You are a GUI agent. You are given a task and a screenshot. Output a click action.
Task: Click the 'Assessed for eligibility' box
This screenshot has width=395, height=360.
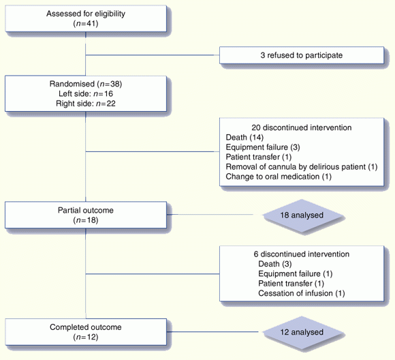click(x=86, y=18)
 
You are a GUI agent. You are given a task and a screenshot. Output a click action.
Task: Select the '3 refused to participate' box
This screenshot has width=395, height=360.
click(x=302, y=55)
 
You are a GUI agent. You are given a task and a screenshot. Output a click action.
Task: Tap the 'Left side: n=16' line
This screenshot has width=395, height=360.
click(x=86, y=93)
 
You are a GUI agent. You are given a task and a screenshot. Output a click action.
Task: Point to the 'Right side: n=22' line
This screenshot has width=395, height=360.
click(x=86, y=104)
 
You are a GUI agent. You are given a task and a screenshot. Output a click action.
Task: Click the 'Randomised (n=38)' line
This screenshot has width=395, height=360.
click(x=86, y=84)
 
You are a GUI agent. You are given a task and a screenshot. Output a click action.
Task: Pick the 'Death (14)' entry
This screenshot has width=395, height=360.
click(x=244, y=137)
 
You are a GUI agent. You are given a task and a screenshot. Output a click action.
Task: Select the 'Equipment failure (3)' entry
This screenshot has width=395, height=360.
click(x=263, y=147)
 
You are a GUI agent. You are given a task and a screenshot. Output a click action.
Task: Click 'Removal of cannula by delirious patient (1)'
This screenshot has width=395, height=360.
click(x=302, y=167)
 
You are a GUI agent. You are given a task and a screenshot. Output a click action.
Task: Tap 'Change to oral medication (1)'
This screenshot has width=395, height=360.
click(x=279, y=177)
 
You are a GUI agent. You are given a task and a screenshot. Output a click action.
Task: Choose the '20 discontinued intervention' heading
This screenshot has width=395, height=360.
click(x=302, y=127)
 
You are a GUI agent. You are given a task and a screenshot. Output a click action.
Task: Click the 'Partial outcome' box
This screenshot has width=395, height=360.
click(x=86, y=215)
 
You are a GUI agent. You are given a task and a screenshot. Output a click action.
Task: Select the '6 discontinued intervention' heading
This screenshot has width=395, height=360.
click(x=302, y=254)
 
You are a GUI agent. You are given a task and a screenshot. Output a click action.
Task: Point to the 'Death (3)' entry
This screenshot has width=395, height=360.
click(x=275, y=264)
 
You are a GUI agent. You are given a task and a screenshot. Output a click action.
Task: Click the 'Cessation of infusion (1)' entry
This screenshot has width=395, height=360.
click(x=302, y=293)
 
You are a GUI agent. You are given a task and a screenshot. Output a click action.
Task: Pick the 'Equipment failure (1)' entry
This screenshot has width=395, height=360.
click(x=296, y=273)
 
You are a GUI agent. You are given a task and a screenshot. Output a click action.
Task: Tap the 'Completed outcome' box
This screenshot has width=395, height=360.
click(x=86, y=332)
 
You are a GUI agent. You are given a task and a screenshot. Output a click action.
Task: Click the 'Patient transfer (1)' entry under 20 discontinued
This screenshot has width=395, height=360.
click(x=259, y=157)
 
